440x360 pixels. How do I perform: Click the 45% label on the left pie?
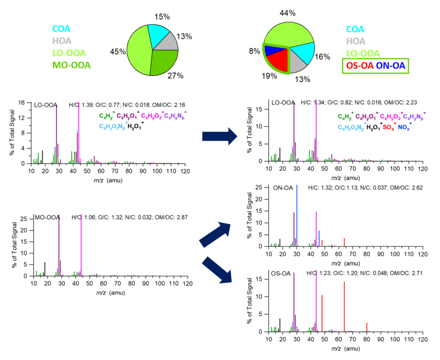[118, 52]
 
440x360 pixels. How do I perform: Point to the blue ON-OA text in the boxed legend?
[391, 66]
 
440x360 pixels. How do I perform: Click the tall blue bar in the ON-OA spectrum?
[297, 216]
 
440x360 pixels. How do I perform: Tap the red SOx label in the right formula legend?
[388, 127]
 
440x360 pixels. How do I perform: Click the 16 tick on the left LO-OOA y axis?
[25, 102]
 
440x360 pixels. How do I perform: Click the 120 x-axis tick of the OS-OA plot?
[422, 339]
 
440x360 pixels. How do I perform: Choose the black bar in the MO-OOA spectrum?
[45, 269]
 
